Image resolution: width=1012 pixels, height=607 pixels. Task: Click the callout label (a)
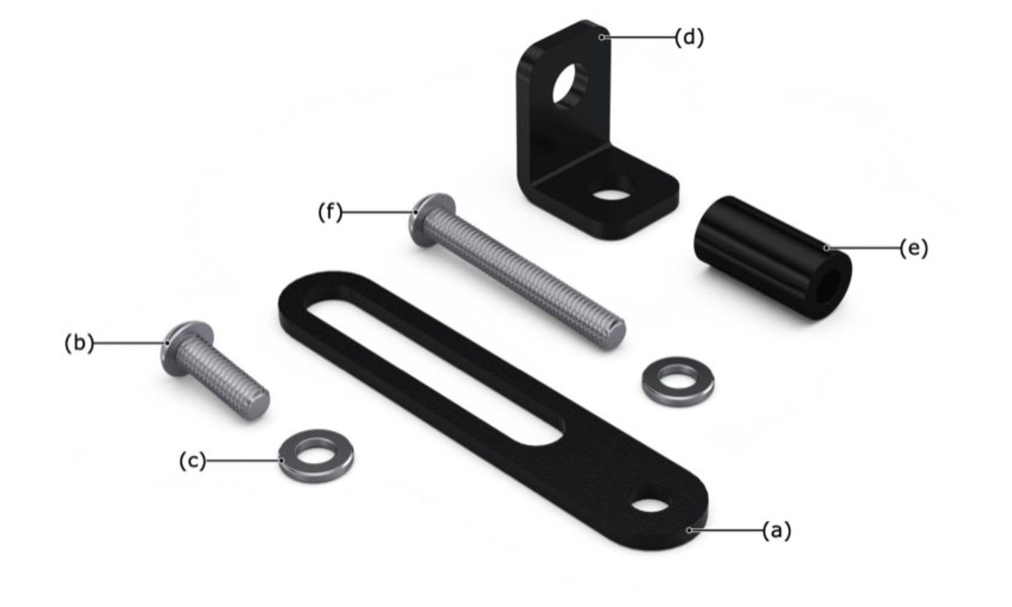777,530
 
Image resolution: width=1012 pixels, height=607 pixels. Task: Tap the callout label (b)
79,343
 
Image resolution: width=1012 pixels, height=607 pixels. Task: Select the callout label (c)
192,461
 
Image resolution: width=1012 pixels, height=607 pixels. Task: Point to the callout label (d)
689,37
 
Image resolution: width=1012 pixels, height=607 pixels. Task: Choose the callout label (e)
913,248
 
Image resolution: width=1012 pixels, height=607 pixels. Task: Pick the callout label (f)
330,212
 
